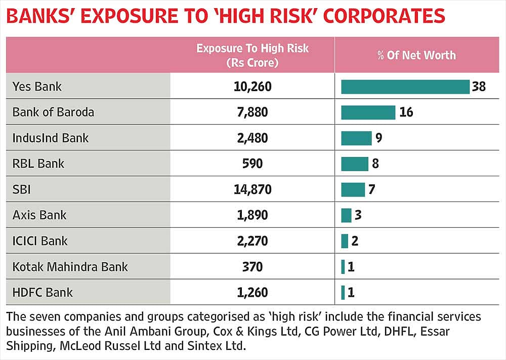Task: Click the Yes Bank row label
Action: click(x=37, y=87)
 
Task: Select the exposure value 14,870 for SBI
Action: click(x=252, y=189)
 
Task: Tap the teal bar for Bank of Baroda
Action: click(x=368, y=112)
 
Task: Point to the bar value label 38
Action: click(x=479, y=87)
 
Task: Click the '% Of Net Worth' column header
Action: click(x=416, y=55)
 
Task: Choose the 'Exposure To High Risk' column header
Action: click(x=252, y=49)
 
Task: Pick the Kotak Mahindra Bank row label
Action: click(x=70, y=267)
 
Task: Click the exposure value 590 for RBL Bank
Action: click(x=252, y=164)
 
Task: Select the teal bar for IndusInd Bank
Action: click(x=357, y=138)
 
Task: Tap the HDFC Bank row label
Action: click(x=43, y=293)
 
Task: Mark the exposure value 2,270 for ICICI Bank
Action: click(x=252, y=241)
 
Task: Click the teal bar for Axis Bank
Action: click(x=346, y=215)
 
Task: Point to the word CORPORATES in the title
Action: click(x=384, y=16)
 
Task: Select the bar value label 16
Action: click(x=406, y=112)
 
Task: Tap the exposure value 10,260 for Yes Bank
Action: click(x=252, y=87)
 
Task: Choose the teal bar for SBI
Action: click(x=353, y=189)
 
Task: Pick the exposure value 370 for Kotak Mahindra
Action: click(x=252, y=267)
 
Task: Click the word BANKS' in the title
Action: click(x=40, y=16)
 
